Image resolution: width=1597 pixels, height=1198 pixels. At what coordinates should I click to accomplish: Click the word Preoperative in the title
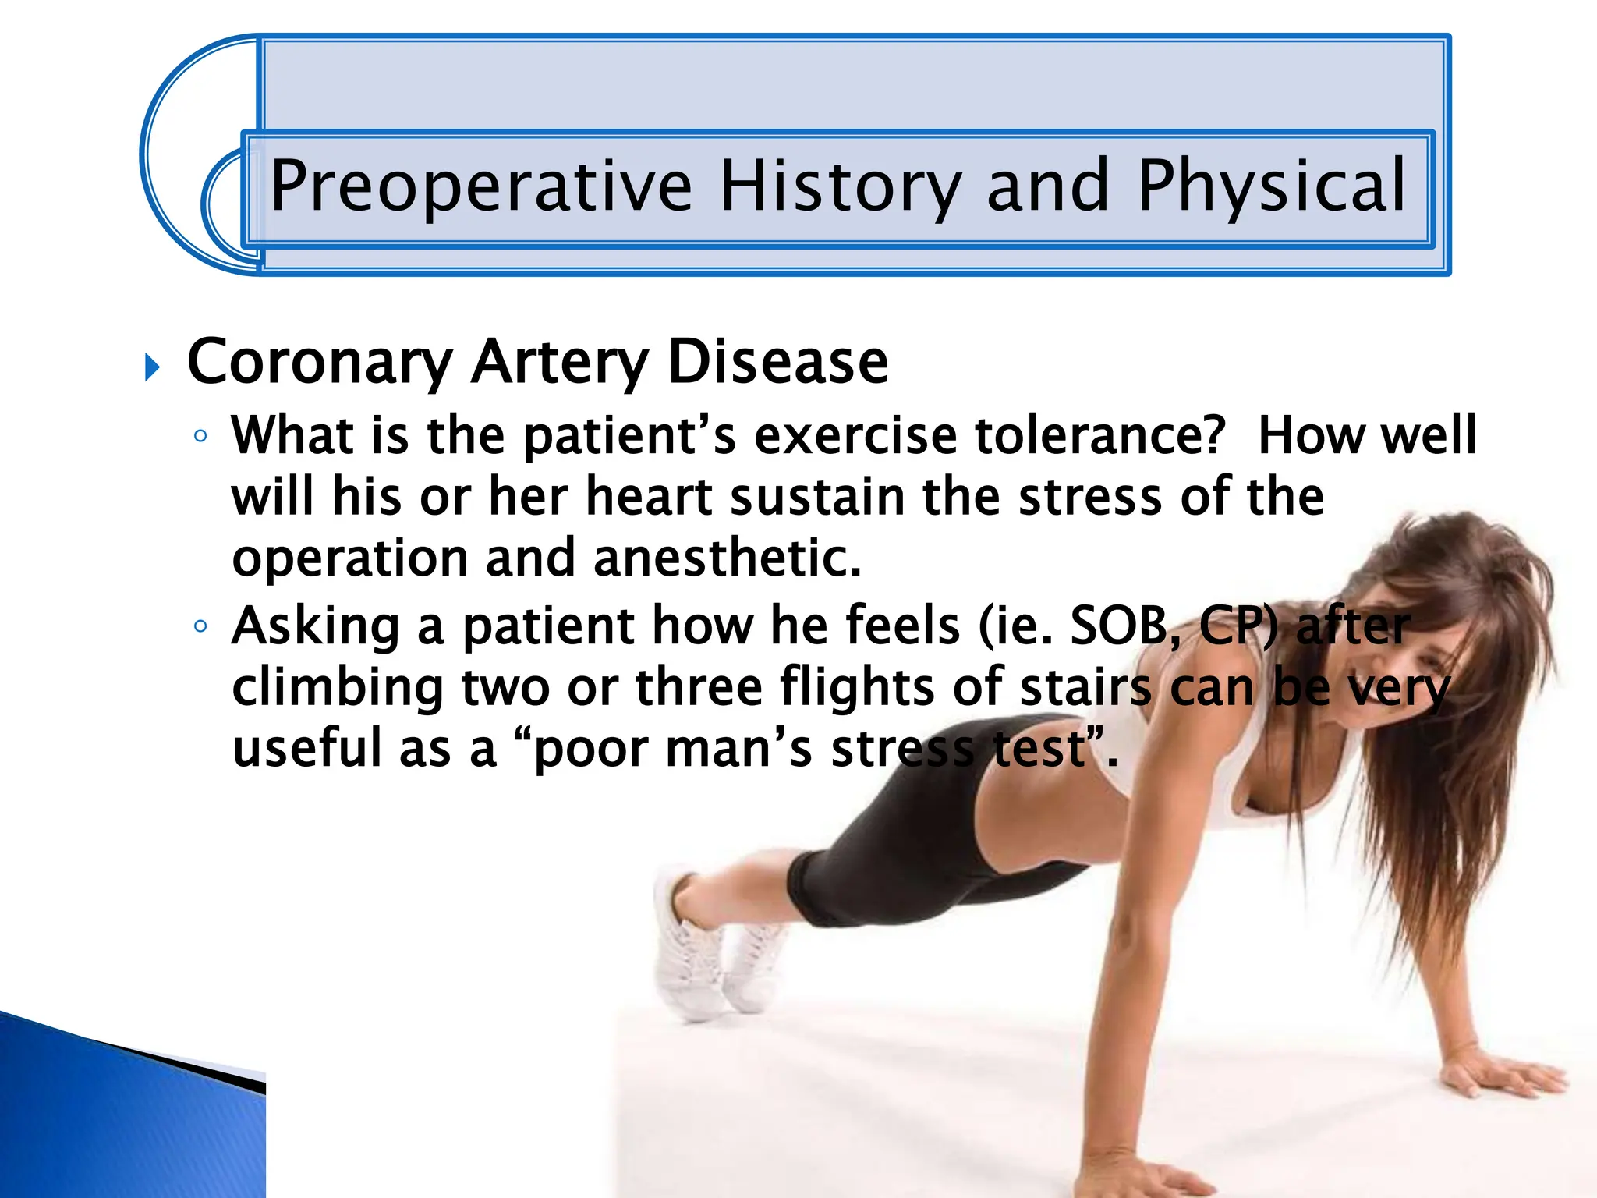[x=480, y=187]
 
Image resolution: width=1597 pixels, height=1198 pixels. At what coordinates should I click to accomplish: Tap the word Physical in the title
[x=1271, y=187]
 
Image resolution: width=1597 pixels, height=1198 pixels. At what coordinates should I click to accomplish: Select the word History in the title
[x=840, y=187]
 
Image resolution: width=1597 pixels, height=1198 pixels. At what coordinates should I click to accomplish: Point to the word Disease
[x=777, y=363]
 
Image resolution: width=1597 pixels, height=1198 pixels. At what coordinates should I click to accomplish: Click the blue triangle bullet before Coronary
[x=153, y=367]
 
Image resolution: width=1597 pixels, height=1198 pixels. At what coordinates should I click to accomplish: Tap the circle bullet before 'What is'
[x=200, y=436]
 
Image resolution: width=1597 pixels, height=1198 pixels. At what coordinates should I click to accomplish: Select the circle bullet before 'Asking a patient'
[x=200, y=626]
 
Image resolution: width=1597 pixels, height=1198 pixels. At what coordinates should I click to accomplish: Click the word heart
[x=648, y=497]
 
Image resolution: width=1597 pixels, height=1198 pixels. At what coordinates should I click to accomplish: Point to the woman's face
[x=1443, y=663]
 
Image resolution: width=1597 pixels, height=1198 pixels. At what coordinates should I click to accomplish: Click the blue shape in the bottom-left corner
[x=117, y=1115]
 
